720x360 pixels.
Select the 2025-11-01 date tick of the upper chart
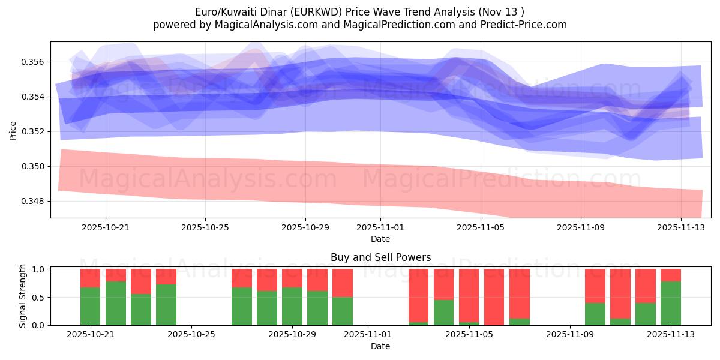380,228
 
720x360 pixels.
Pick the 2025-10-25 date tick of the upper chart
205,228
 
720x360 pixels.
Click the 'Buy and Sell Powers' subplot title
380,257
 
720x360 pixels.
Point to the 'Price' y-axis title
13,130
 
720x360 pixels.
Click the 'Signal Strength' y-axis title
22,296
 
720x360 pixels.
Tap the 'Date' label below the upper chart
380,239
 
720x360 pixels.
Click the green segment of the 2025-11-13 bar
671,303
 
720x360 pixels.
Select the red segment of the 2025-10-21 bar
91,278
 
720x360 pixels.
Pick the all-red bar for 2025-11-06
494,297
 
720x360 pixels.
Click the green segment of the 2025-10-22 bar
116,303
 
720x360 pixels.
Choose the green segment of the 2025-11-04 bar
444,313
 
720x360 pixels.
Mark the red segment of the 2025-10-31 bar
343,283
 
